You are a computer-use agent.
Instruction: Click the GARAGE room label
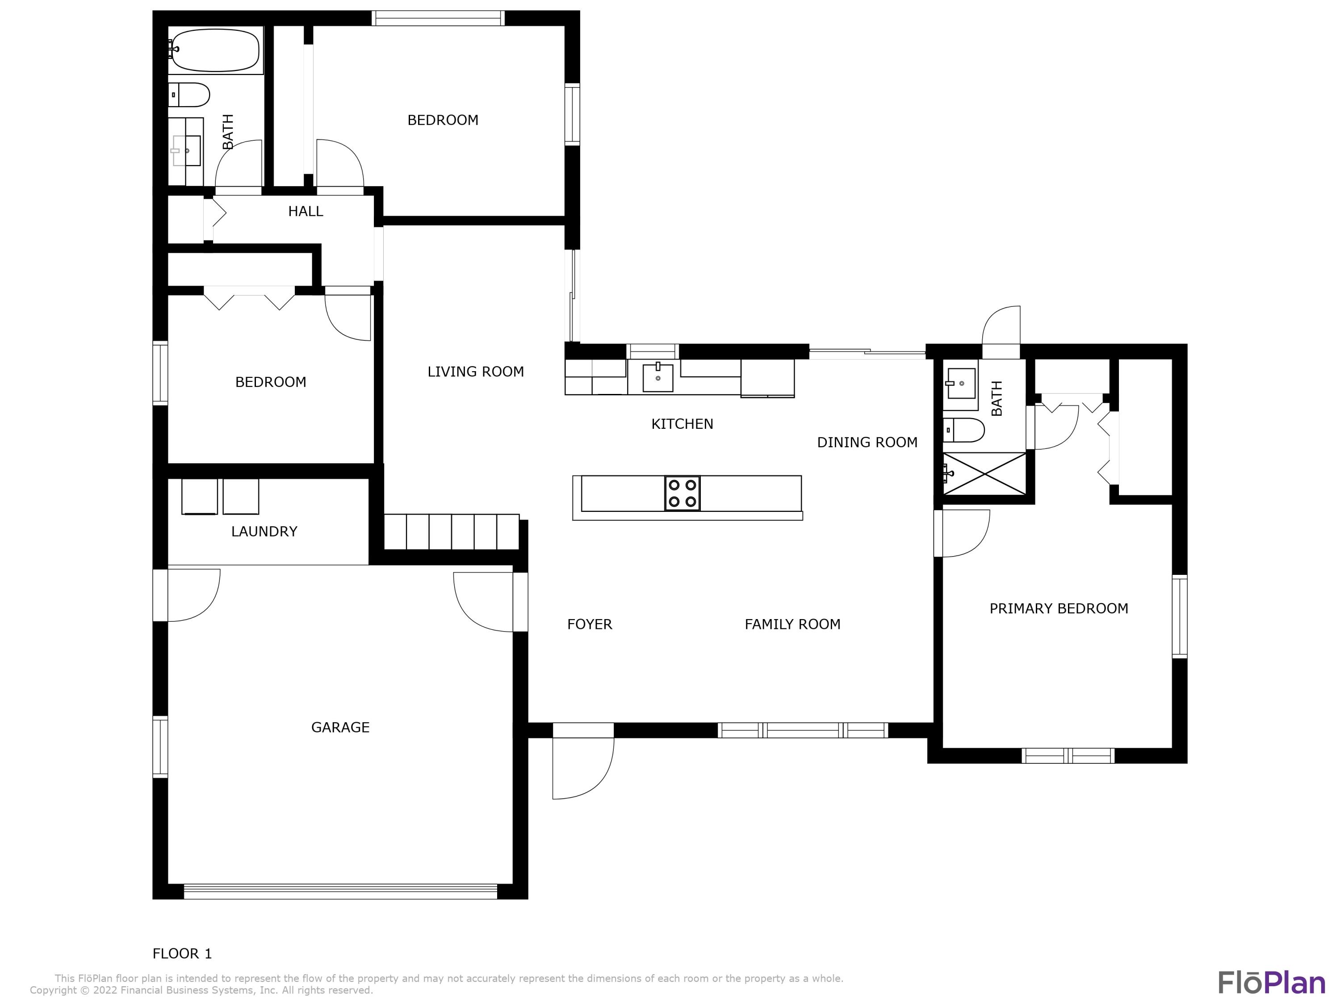point(340,728)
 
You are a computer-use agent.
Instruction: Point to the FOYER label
point(590,624)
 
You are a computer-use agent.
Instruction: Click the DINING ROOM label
point(867,443)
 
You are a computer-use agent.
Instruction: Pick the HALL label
point(306,211)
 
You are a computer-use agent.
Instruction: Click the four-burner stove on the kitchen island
point(682,493)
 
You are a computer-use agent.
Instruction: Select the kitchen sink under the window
point(657,377)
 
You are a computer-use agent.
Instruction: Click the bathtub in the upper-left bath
point(215,50)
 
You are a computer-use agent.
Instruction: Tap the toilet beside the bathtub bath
point(188,95)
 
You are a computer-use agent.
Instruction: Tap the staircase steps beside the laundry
point(451,532)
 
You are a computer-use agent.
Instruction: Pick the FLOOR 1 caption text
point(182,954)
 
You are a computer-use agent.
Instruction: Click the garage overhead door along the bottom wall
point(340,891)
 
